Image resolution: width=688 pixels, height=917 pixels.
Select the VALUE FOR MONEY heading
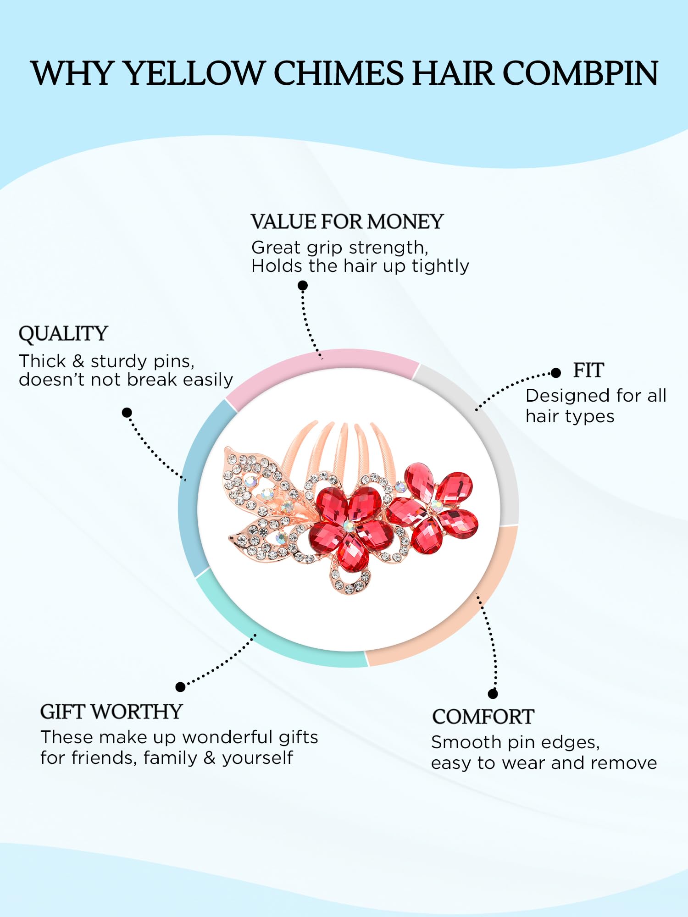coord(347,222)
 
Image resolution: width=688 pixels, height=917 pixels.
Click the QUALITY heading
coord(63,334)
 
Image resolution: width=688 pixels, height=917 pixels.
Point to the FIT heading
coord(588,370)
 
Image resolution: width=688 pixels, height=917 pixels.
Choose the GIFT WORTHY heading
coord(111,712)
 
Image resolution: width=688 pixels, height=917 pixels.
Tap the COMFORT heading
coord(483,717)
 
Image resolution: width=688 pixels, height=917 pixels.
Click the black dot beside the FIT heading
coord(556,373)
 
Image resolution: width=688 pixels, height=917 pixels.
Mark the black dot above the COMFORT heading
coord(493,694)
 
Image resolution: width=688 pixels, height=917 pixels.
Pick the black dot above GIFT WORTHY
coord(181,687)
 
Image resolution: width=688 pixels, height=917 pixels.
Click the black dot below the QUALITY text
coord(127,413)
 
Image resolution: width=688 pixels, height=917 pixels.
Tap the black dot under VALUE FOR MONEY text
coord(303,286)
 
